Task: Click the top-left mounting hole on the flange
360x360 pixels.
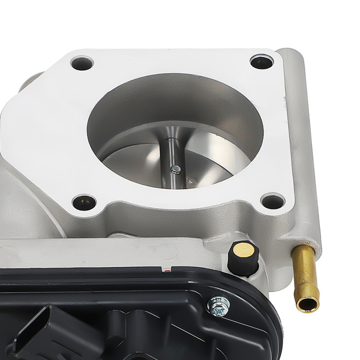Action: pos(82,62)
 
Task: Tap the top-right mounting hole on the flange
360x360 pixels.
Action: pos(262,61)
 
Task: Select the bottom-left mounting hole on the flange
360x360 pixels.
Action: pos(84,202)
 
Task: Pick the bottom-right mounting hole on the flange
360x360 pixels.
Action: pos(273,200)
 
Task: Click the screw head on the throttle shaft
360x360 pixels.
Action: pos(175,169)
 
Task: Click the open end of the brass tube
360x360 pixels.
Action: pos(308,305)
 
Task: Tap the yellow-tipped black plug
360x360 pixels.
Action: pos(244,257)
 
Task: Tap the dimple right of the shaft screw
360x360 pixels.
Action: pos(191,180)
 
